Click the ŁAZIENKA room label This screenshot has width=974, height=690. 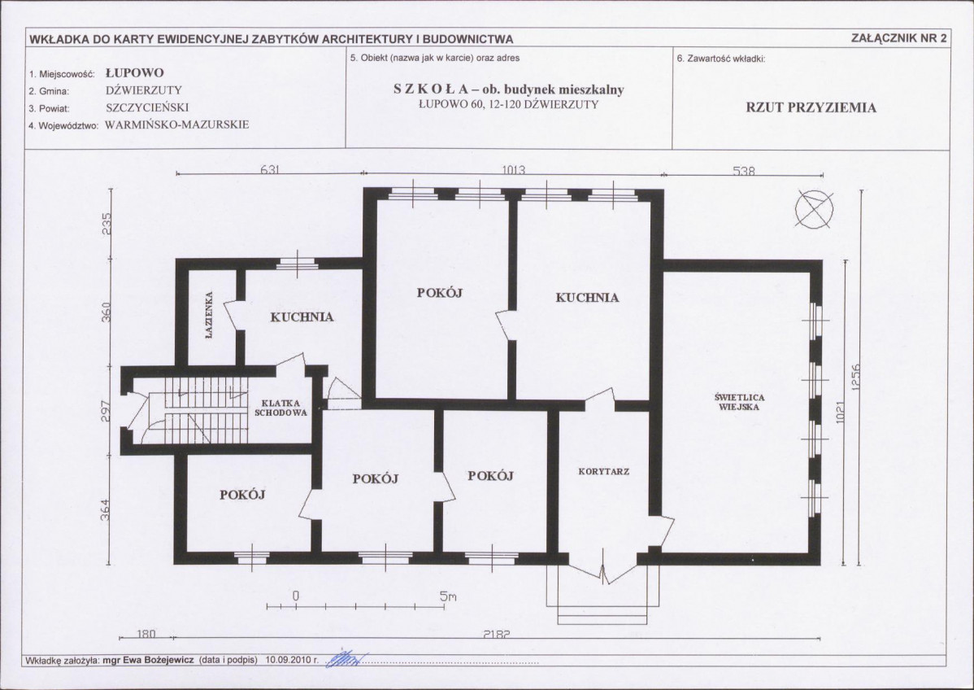coord(209,315)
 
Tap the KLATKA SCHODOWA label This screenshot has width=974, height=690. coord(280,408)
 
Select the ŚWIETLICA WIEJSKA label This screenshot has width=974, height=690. coord(740,402)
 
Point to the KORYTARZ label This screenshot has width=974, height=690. coord(604,472)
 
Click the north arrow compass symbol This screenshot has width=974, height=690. coord(815,209)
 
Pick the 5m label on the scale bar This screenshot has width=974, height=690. coord(449,596)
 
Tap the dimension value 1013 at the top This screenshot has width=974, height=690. coord(513,170)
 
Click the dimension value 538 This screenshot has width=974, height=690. coord(744,170)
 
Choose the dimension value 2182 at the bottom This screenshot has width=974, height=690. coord(497,635)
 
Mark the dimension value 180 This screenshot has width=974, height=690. coord(146,634)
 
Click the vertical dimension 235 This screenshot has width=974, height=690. coord(107,225)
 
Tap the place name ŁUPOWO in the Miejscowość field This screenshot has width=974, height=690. coord(135,72)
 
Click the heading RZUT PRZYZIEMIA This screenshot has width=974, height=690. coord(811,107)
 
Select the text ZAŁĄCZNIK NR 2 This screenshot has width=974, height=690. coord(899,38)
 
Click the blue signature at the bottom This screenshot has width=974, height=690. coord(346,658)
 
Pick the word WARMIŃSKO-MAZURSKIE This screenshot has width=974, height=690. coord(177,124)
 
